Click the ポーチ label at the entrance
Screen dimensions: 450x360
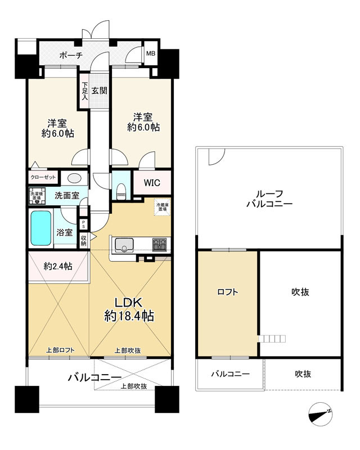(71, 55)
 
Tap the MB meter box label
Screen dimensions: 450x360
(151, 54)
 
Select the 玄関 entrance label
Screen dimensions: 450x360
(100, 90)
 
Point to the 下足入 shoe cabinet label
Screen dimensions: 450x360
(84, 91)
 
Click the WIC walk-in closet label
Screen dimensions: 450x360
(151, 183)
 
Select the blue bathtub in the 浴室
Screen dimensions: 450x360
(40, 228)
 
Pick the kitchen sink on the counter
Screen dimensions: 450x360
(123, 245)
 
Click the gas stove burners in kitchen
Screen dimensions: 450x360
(159, 245)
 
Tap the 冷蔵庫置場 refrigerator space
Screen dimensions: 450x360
(162, 206)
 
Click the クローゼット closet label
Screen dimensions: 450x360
(43, 176)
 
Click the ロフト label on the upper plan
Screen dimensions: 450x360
(227, 292)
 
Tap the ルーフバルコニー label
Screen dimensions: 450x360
(269, 198)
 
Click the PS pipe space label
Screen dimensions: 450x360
(84, 223)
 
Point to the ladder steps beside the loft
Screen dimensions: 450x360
(273, 338)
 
